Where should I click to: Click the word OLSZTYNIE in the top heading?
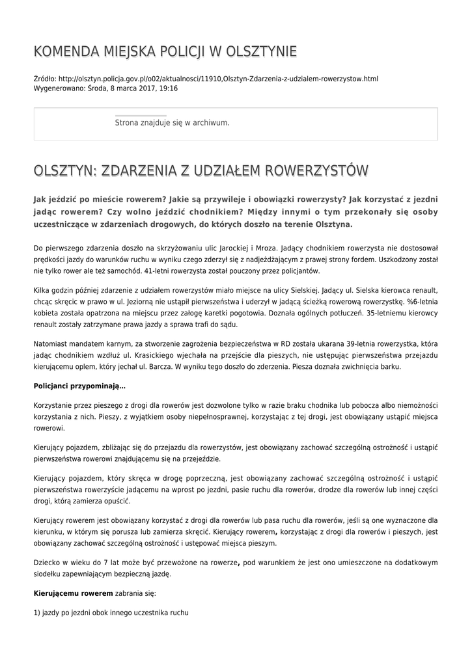click(260, 51)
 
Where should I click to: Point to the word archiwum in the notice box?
click(209, 122)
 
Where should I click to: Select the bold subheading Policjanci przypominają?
click(79, 386)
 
